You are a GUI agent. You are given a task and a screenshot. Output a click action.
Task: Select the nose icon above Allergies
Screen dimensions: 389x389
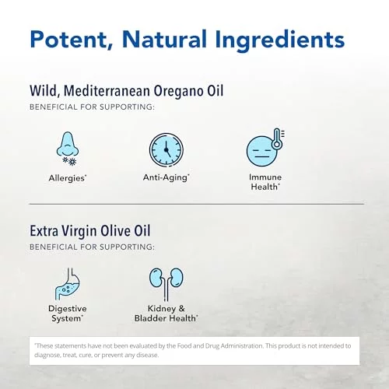point(68,144)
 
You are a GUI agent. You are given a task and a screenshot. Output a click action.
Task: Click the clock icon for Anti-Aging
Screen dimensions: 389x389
point(166,150)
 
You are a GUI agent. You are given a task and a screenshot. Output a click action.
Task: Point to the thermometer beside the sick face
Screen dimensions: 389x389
point(278,138)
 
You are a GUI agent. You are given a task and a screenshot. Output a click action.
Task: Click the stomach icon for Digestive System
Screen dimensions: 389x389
point(68,284)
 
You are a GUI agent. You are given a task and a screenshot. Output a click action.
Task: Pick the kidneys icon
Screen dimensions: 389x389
point(166,284)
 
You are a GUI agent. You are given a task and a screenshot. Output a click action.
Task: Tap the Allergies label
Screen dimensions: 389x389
point(68,178)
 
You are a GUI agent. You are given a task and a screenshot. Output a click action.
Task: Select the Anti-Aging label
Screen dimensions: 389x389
point(166,177)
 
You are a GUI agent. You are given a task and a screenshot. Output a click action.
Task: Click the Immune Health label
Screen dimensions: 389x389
point(265,182)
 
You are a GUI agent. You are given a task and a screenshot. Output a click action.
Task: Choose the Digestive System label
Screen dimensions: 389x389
point(68,314)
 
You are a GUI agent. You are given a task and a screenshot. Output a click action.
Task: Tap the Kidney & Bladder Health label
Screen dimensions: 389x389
point(166,314)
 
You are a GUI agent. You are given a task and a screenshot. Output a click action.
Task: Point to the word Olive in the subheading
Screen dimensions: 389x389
point(117,230)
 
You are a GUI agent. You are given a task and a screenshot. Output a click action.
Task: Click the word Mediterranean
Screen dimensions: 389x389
point(107,90)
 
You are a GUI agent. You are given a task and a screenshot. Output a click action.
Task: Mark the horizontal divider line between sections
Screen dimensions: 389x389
point(197,204)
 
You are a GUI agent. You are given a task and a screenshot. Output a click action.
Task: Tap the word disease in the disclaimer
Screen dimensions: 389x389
point(147,355)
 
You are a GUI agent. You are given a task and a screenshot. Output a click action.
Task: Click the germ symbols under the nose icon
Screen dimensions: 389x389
point(70,161)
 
